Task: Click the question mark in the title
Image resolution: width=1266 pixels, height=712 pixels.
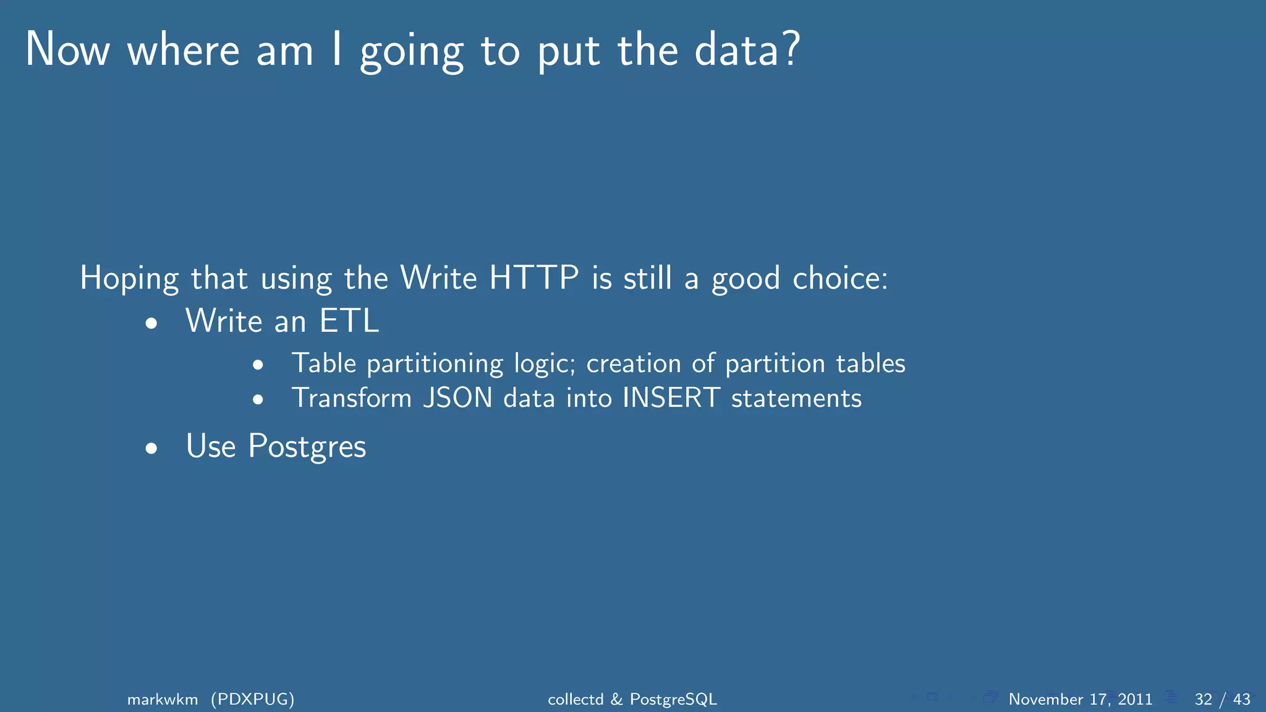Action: (x=789, y=49)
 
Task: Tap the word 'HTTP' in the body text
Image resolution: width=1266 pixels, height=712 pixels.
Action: (x=534, y=278)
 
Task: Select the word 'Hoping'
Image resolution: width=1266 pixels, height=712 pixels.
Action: (x=129, y=279)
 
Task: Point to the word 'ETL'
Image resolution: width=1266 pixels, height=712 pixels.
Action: (x=349, y=321)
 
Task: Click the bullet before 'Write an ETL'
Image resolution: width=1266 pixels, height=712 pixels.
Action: (x=151, y=323)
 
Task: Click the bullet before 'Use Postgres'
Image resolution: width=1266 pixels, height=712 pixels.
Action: (x=151, y=449)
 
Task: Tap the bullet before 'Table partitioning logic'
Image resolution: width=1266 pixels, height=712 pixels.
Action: (x=258, y=365)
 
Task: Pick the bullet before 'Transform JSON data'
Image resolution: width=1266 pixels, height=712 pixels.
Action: (x=258, y=400)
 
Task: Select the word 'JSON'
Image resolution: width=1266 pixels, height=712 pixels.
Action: (x=458, y=398)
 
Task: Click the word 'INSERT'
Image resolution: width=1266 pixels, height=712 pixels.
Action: (x=671, y=398)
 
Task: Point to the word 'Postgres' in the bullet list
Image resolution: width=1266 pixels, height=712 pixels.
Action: (x=307, y=447)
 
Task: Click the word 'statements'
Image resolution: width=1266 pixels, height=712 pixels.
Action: (x=796, y=399)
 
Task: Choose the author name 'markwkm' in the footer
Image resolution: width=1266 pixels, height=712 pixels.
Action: (x=163, y=700)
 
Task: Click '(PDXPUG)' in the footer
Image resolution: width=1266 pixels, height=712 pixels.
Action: (x=252, y=700)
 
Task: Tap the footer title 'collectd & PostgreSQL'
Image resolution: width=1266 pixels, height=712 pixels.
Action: (x=632, y=700)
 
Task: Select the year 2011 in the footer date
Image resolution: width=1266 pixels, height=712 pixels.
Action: (x=1135, y=700)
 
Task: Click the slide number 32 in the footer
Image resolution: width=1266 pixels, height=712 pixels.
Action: (x=1203, y=700)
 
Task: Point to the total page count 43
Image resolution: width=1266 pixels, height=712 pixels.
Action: (x=1241, y=700)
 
